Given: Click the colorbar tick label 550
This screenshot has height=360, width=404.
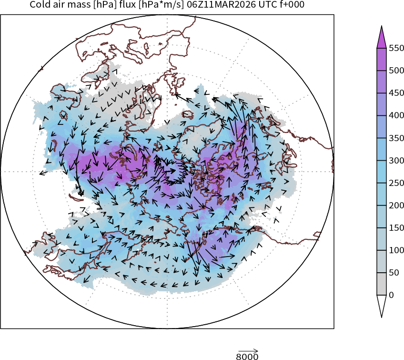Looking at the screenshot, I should tap(396, 48).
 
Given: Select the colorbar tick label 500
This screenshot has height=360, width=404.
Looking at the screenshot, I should tap(396, 71).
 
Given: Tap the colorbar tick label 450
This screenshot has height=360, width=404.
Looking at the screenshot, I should tap(396, 93).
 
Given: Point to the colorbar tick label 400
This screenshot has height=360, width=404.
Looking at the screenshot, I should tap(396, 115).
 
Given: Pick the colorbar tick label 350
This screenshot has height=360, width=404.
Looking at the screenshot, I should tap(396, 138).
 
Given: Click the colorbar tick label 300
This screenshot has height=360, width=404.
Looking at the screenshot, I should tap(396, 160).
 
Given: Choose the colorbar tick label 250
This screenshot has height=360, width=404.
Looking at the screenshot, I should tap(396, 183).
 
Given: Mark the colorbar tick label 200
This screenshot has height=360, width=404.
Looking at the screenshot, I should tap(396, 206).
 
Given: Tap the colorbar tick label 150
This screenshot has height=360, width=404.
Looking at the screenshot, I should tap(396, 228).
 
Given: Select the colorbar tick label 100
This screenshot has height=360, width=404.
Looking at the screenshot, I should tap(396, 250).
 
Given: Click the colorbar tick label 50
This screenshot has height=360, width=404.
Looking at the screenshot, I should tap(394, 273).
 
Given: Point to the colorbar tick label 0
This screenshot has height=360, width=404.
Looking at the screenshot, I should tap(392, 295).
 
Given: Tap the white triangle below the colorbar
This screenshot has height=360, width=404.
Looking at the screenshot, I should tap(381, 305).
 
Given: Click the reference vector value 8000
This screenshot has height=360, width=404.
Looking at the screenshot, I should tap(247, 356).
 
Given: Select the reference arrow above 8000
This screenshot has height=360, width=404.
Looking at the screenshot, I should tap(248, 350).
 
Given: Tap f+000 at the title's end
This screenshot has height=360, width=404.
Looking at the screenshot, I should tap(290, 5).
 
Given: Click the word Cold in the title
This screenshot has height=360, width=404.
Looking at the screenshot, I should tap(39, 5).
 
